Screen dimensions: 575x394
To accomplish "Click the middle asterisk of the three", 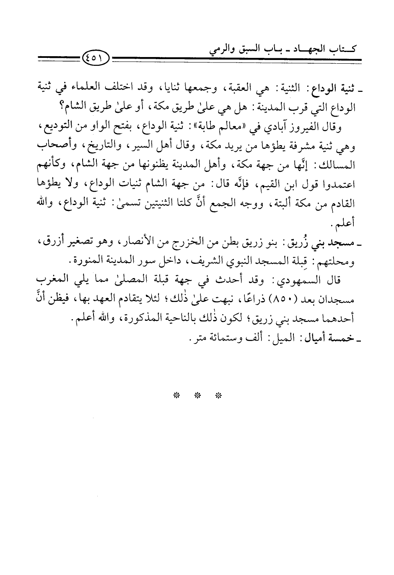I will [197, 395].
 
